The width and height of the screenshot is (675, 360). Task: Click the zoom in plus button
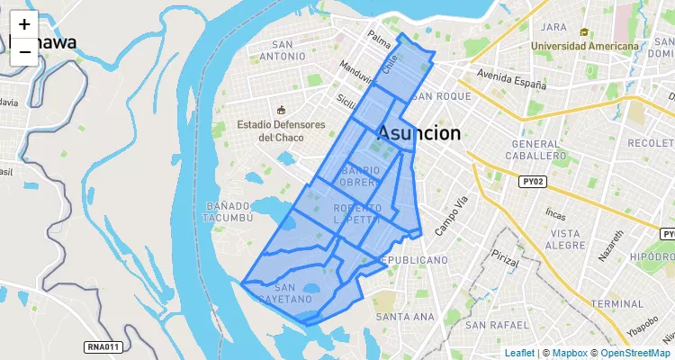[24, 25]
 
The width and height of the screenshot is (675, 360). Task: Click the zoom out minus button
[24, 52]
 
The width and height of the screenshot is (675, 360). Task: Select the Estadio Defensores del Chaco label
[281, 130]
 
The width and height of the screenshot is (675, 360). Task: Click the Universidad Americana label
[585, 45]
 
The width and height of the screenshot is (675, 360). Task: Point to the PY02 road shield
[534, 181]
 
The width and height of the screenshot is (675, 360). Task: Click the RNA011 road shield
[103, 346]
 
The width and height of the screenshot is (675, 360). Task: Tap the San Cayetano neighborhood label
[289, 292]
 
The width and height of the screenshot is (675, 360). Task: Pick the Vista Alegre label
[565, 238]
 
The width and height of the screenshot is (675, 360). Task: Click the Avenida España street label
[511, 80]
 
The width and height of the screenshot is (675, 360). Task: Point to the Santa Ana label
[405, 317]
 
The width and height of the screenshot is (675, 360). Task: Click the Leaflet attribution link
[519, 353]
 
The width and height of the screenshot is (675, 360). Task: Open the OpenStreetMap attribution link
[631, 353]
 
